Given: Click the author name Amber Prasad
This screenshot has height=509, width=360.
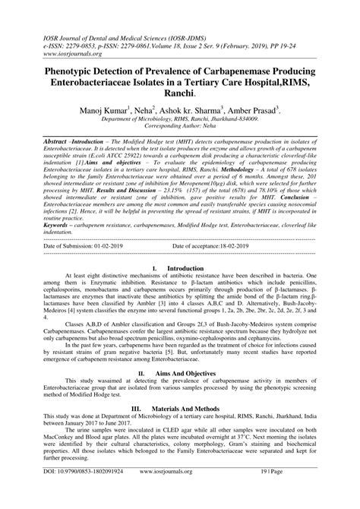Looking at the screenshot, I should point(257,110).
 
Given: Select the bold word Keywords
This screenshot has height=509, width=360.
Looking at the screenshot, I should point(62,225).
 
